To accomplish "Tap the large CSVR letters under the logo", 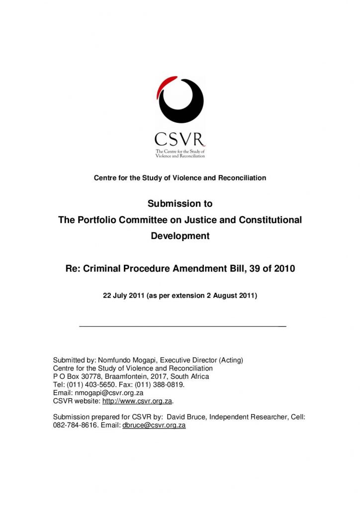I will point(180,139).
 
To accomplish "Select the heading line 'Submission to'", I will point(180,204).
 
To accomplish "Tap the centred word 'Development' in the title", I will point(180,236).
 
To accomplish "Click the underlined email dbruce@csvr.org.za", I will point(154,425).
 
